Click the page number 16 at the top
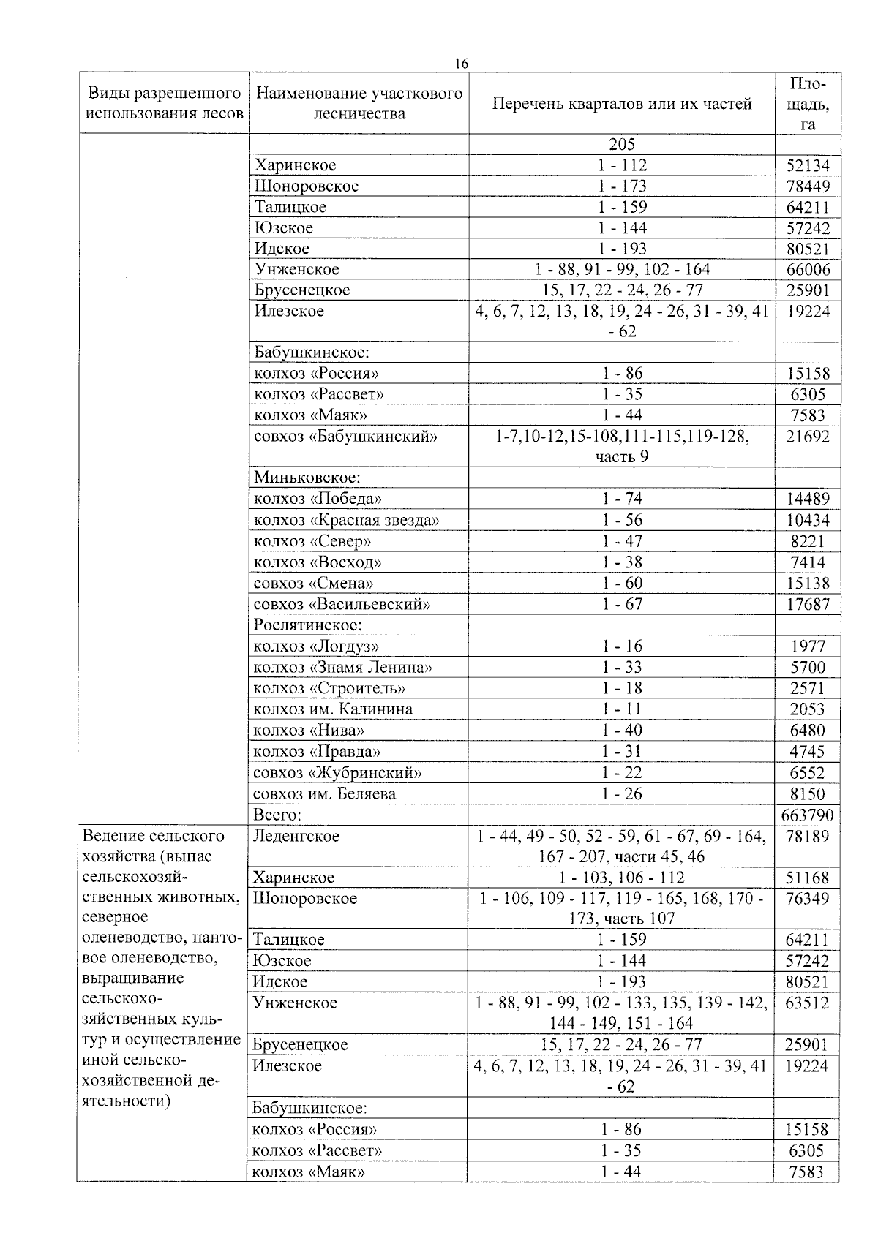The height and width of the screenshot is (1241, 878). [x=461, y=64]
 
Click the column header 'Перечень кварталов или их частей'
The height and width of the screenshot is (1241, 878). [x=622, y=104]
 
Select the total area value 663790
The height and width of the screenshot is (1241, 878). [x=807, y=815]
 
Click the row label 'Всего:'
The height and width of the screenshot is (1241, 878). [x=278, y=815]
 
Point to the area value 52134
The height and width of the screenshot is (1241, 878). [x=808, y=166]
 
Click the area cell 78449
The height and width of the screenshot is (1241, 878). [x=808, y=186]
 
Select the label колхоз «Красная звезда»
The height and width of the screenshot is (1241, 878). [x=346, y=521]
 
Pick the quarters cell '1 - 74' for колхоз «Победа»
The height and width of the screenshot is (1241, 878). [x=622, y=499]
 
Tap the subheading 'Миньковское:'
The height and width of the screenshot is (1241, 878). [x=307, y=478]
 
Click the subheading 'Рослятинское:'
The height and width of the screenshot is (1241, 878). [x=308, y=625]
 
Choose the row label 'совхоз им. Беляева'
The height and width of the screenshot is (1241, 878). [x=326, y=794]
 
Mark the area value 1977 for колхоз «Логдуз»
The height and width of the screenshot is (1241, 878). [x=808, y=646]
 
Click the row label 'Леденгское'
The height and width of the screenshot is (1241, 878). [x=296, y=836]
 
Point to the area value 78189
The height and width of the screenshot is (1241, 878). [x=807, y=836]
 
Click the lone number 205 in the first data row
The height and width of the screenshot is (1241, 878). [x=622, y=145]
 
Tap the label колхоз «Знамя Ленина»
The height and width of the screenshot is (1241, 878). [x=342, y=668]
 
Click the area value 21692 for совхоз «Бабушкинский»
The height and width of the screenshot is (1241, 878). [x=808, y=437]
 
